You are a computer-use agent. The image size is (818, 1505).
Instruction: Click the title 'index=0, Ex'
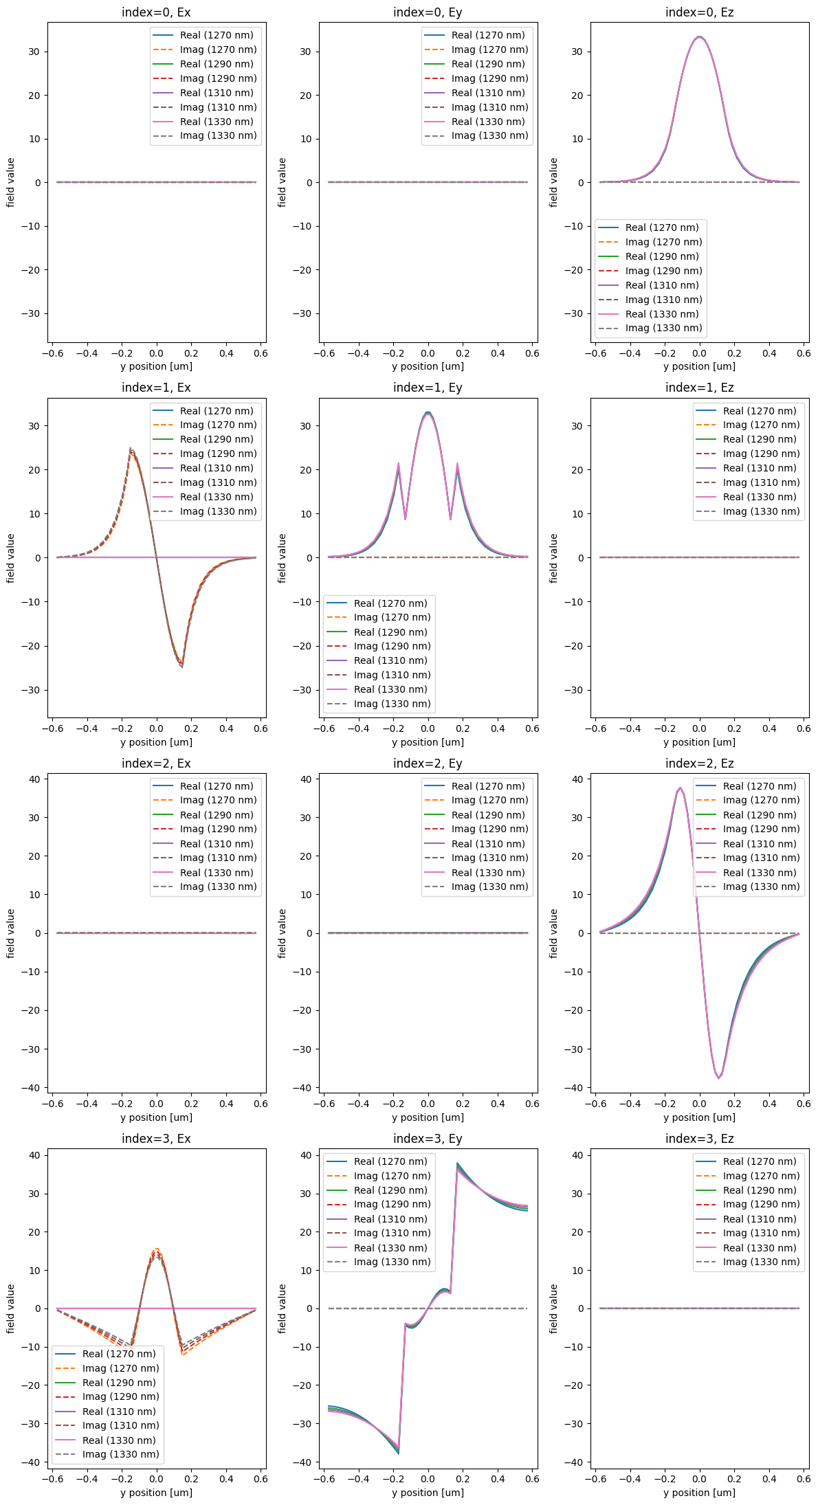pos(156,12)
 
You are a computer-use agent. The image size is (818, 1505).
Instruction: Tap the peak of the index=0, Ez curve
pos(699,37)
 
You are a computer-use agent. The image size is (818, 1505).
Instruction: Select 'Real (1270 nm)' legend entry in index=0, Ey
pos(488,35)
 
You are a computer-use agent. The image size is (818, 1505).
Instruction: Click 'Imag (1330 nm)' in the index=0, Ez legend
pos(663,328)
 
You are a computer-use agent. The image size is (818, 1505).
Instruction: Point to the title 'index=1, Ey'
pos(428,388)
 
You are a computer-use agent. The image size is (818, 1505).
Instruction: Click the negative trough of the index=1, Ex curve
pos(182,666)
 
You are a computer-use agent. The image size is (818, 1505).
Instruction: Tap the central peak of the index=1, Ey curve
pos(428,413)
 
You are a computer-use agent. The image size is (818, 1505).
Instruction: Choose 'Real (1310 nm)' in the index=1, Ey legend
pos(390,660)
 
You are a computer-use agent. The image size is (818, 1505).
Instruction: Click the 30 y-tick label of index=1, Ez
pos(579,426)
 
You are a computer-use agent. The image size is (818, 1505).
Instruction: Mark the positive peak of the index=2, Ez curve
pos(680,788)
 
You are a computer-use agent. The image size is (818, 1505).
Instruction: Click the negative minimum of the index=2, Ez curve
pos(719,1078)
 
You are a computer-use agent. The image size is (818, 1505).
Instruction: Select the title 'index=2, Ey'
pos(428,763)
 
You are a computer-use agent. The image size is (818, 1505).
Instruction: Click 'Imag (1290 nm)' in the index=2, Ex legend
pos(218,829)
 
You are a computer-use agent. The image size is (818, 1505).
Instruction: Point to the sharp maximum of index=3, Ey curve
pos(457,1163)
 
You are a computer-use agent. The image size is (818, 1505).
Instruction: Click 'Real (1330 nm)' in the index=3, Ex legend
pos(119,1440)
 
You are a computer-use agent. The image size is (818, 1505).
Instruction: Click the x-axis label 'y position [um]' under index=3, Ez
pos(699,1493)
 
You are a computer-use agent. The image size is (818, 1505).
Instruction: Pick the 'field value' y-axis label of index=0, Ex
pos(10,182)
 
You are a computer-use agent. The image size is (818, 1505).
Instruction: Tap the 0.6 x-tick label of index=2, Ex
pos(261,1104)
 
